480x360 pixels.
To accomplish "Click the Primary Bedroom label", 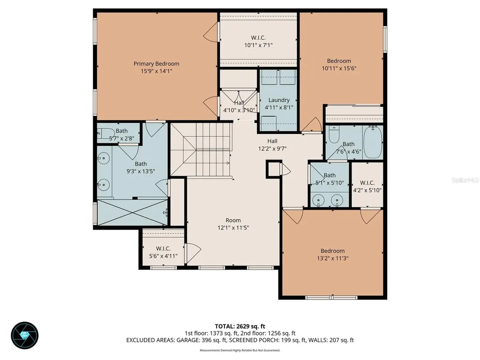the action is click(156, 64).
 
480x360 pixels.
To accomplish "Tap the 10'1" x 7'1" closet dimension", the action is click(258, 45).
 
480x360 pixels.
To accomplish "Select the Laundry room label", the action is click(279, 100).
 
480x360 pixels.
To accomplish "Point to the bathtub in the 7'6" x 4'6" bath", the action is click(373, 142).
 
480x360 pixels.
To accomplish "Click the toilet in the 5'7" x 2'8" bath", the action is click(103, 133).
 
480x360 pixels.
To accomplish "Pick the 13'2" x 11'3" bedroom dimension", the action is click(332, 258).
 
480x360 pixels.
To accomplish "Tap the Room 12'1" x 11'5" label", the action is click(233, 224).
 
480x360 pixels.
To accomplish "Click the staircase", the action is click(200, 149).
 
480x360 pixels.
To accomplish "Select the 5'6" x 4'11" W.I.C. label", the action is click(163, 252).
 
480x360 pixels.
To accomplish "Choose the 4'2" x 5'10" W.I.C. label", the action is click(367, 187).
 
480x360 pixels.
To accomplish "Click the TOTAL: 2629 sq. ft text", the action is click(240, 326).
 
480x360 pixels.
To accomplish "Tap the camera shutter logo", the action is click(25, 336).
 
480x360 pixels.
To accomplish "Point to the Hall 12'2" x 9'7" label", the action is click(272, 145).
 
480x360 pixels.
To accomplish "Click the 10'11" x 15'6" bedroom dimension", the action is click(339, 68).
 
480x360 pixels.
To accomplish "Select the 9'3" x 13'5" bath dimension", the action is click(141, 172).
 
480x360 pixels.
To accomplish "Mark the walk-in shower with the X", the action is click(132, 212).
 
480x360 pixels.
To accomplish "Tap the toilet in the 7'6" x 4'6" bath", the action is click(334, 134).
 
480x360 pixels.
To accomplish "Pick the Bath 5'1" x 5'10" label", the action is click(330, 179).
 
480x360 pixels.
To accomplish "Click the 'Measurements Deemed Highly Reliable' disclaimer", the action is click(240, 350).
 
